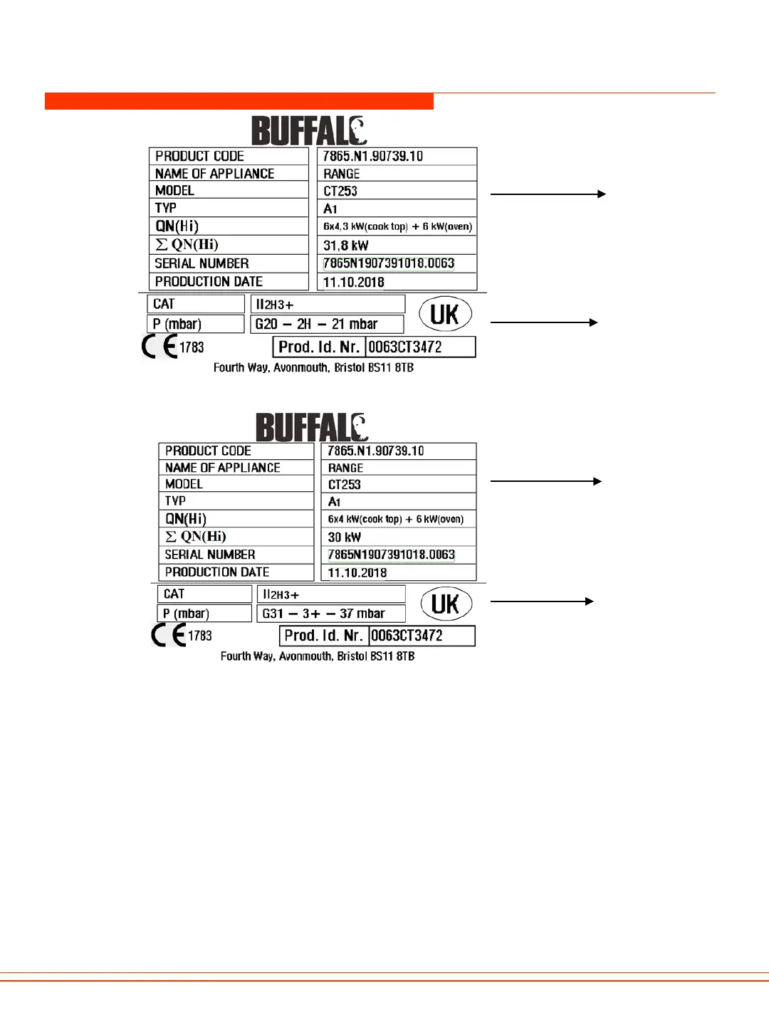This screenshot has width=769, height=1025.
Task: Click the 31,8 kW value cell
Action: (396, 246)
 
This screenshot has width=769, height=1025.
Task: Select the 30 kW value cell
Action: (398, 537)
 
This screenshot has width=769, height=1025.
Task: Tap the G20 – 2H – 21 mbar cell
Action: (327, 325)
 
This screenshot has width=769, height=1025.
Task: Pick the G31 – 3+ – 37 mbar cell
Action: (331, 614)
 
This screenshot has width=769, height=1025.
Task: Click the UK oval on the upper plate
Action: (445, 314)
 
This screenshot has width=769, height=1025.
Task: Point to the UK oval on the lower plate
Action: (446, 604)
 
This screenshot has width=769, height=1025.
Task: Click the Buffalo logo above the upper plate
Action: (309, 131)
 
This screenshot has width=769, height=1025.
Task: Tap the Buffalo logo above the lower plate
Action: (312, 427)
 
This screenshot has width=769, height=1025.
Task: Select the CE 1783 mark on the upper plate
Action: (173, 347)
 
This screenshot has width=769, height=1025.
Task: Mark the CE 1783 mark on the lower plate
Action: (182, 635)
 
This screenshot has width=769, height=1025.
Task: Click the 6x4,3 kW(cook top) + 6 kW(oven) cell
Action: (397, 226)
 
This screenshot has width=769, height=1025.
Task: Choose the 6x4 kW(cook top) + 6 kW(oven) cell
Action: (398, 520)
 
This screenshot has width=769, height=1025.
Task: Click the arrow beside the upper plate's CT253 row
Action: (548, 194)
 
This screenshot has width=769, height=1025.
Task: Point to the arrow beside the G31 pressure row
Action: (542, 601)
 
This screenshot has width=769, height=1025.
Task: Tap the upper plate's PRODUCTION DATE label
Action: (209, 282)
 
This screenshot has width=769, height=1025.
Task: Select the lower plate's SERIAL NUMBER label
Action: (210, 554)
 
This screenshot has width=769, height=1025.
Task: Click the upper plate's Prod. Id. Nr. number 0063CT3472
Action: (420, 347)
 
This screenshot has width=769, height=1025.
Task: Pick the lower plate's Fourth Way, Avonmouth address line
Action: (318, 656)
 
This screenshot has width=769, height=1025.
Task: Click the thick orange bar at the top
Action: (239, 101)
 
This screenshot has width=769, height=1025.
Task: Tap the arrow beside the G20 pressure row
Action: (544, 322)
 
